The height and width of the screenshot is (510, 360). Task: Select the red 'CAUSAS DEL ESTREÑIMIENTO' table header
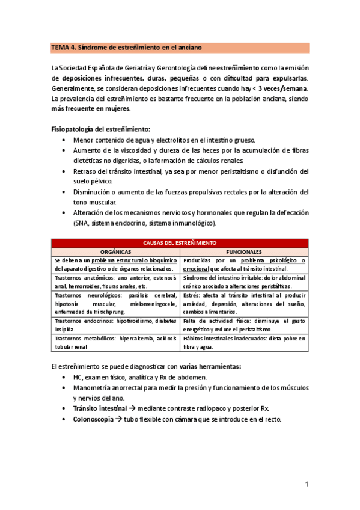(180, 242)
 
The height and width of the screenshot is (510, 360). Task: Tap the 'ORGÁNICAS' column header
(115, 251)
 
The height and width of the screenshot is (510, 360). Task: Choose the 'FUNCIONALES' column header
(244, 251)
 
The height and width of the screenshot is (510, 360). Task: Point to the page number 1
(306, 484)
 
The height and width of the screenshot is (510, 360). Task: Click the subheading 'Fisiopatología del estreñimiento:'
(101, 129)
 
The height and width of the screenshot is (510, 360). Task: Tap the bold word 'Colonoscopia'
(93, 419)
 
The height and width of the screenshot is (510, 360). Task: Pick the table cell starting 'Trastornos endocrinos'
(115, 325)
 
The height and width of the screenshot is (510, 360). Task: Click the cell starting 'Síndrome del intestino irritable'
(244, 282)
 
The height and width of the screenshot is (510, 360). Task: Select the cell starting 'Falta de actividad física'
(244, 325)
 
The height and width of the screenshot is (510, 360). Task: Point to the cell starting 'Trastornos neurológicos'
(115, 304)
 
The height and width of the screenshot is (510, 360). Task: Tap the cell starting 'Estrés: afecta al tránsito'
(244, 304)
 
